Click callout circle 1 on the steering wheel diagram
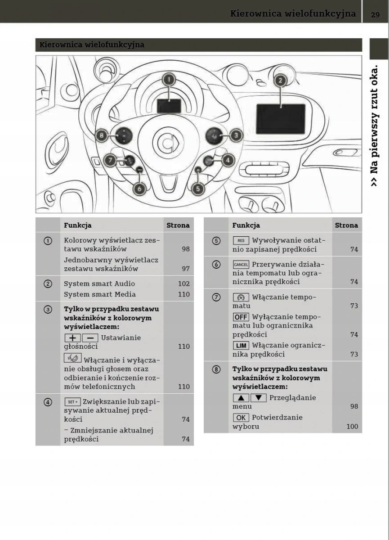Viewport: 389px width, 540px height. coord(169,80)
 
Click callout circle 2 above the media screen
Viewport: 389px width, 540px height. coord(280,81)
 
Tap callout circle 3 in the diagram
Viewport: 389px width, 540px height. coord(236,135)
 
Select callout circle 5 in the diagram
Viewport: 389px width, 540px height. coord(198,189)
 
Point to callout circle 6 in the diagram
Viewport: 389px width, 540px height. coord(139,189)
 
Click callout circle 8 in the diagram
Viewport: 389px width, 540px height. coord(102,135)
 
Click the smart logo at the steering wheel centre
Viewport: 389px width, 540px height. coord(168,143)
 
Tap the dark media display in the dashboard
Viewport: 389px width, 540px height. coord(281,119)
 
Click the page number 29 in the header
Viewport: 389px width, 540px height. coord(376,14)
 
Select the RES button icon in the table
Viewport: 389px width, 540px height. coord(241,241)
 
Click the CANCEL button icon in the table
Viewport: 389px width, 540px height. coord(241,265)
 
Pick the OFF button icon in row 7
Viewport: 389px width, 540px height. coord(241,317)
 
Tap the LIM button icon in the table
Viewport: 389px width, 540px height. coord(241,346)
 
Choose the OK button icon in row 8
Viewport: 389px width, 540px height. coord(241,418)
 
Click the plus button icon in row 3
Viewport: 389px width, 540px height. coord(72,338)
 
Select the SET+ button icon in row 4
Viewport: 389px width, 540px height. coord(72,402)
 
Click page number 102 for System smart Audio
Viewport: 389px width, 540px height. coord(183,284)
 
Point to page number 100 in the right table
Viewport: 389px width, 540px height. coord(352,427)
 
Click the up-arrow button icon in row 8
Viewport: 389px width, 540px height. coord(241,398)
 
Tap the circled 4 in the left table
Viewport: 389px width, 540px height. coord(48,402)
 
